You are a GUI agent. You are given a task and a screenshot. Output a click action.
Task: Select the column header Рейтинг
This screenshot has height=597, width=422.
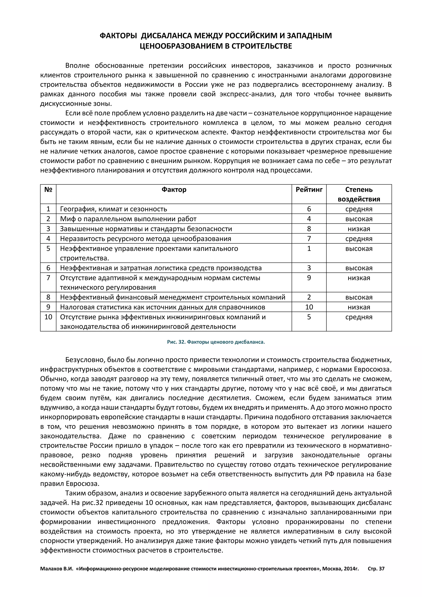pos(309,190)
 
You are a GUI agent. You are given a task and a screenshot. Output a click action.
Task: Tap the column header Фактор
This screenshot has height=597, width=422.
pos(174,190)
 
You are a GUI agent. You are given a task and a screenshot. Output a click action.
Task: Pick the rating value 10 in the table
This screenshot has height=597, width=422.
pos(309,307)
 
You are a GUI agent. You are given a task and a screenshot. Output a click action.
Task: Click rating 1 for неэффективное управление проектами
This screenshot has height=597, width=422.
pos(309,249)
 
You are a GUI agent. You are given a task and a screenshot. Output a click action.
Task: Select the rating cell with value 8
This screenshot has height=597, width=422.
pos(309,229)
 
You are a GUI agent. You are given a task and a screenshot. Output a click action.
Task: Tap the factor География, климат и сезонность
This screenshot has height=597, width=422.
pos(114,209)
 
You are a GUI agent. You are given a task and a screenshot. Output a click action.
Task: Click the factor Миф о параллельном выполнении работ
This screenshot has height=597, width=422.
pos(128,219)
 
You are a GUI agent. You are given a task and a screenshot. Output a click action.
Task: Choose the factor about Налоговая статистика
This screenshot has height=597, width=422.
pos(162,307)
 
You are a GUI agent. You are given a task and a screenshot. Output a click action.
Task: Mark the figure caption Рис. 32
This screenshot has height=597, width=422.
pos(216,342)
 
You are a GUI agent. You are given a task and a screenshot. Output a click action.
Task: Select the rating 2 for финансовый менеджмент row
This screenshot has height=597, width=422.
pos(309,297)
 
